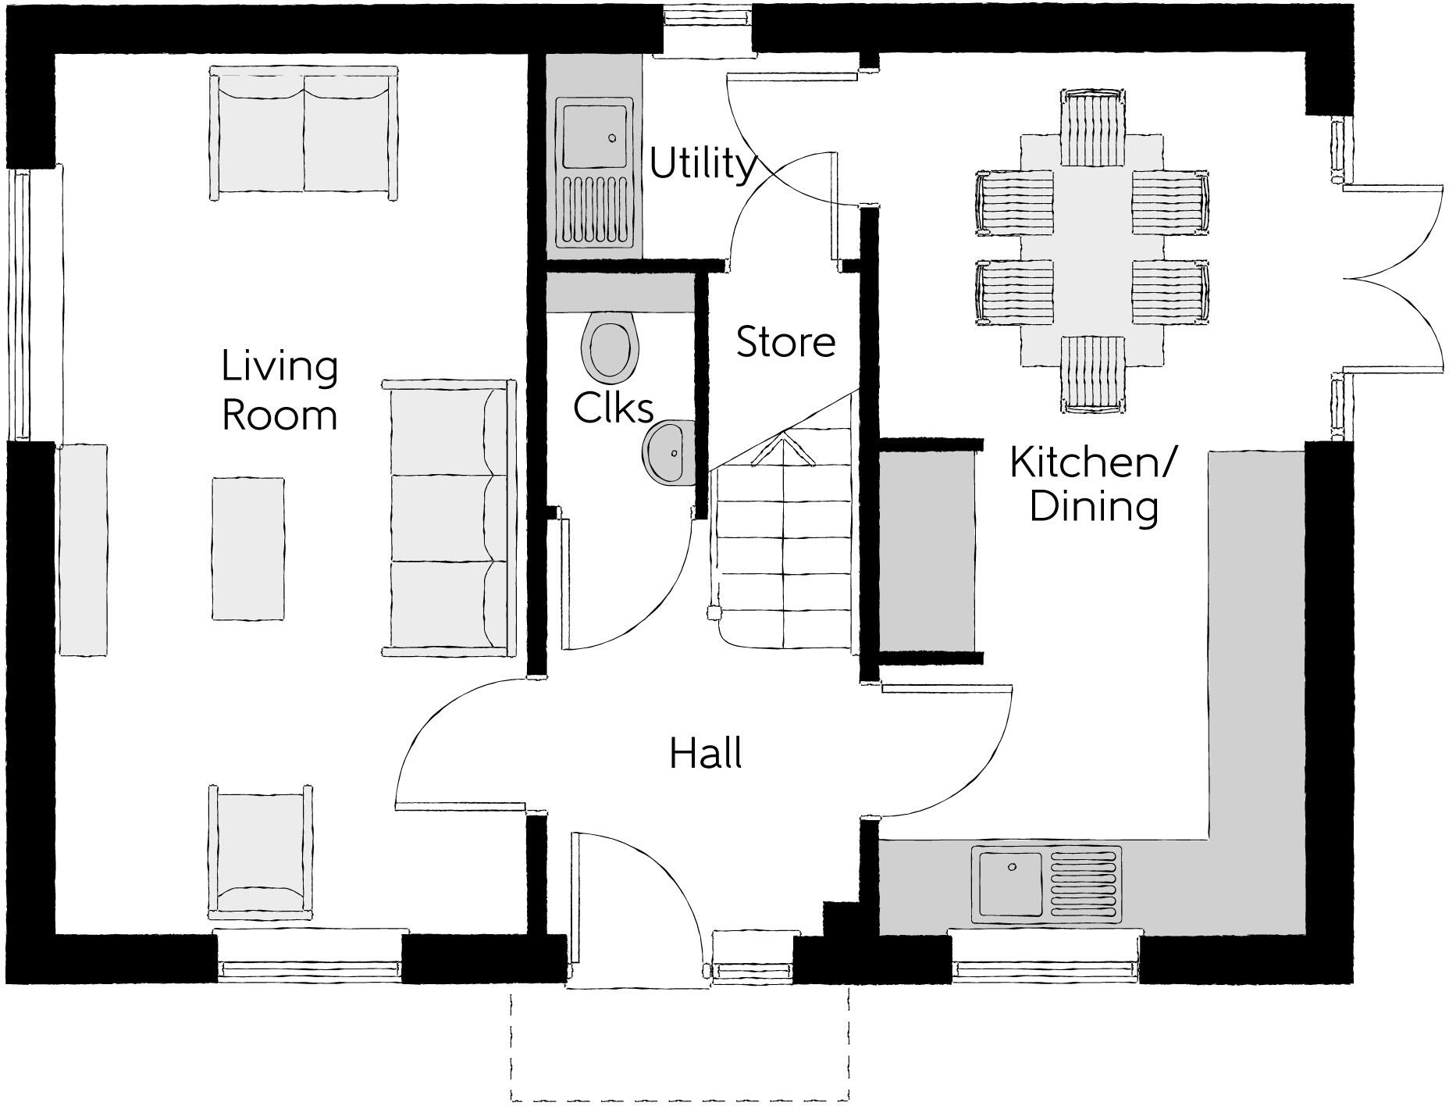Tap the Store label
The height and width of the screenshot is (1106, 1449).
coord(785,342)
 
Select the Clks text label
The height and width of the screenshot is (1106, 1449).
coord(613,407)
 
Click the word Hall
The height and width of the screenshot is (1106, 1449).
coord(706,754)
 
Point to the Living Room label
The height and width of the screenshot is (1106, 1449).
coord(279,391)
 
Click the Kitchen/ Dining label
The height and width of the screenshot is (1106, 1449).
coord(1092,484)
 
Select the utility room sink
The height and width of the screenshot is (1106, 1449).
coord(595,172)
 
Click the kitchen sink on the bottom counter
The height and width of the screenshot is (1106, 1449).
coord(1046,883)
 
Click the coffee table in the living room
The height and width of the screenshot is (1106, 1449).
coord(247,548)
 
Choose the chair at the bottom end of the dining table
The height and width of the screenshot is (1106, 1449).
coord(1093,373)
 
